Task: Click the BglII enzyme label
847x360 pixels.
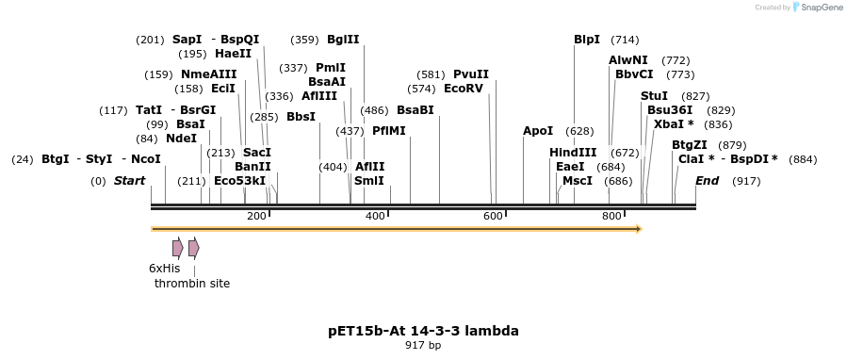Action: pyautogui.click(x=343, y=40)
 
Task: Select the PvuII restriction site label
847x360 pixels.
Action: pyautogui.click(x=471, y=74)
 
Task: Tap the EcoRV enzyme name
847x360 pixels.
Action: pyautogui.click(x=463, y=89)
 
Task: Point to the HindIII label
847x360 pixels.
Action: pyautogui.click(x=573, y=153)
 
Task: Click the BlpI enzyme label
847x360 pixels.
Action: pyautogui.click(x=586, y=40)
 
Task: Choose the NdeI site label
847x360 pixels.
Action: pyautogui.click(x=181, y=138)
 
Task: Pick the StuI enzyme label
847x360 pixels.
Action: pyautogui.click(x=654, y=96)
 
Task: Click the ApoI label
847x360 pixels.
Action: pyautogui.click(x=538, y=131)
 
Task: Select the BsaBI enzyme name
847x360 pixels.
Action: pyautogui.click(x=415, y=110)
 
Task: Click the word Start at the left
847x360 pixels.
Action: pyautogui.click(x=129, y=181)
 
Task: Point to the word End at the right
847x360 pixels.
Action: pyautogui.click(x=707, y=181)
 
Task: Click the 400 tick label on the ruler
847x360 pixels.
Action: pyautogui.click(x=375, y=217)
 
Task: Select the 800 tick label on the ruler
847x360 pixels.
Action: pyautogui.click(x=611, y=217)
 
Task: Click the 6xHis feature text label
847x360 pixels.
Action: pyautogui.click(x=164, y=269)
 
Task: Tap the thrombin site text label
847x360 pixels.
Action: pyautogui.click(x=192, y=284)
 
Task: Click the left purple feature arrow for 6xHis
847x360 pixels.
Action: pyautogui.click(x=177, y=248)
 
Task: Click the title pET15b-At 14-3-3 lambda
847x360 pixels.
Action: pyautogui.click(x=423, y=331)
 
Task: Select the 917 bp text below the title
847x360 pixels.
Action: pyautogui.click(x=423, y=346)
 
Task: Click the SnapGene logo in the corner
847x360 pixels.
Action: pyautogui.click(x=818, y=8)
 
